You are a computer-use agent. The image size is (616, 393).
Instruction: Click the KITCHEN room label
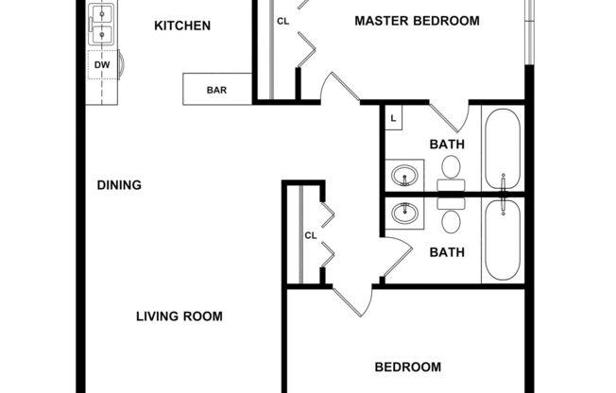tap(182, 26)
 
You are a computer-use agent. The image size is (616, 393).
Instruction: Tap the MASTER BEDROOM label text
tap(417, 21)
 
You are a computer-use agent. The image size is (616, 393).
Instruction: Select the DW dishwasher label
tap(102, 65)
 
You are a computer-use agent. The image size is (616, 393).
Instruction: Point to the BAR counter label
tap(216, 92)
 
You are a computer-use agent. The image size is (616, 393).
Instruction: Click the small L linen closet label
tap(393, 118)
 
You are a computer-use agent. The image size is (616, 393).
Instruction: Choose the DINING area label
tap(119, 185)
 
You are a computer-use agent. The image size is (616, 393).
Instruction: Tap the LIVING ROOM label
tap(179, 316)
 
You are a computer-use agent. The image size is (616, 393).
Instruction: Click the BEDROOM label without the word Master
tap(408, 367)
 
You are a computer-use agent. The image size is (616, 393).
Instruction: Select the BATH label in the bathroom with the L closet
tap(447, 145)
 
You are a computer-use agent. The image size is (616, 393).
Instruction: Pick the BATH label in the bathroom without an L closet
tap(447, 252)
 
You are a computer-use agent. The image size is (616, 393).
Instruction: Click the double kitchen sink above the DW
tap(102, 26)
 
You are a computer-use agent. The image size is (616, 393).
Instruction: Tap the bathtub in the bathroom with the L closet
tap(503, 148)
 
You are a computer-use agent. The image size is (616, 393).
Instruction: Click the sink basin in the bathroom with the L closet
tap(407, 175)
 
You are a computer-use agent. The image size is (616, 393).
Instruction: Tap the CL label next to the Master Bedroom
tap(282, 21)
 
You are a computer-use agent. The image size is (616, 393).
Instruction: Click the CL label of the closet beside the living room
tap(309, 235)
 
